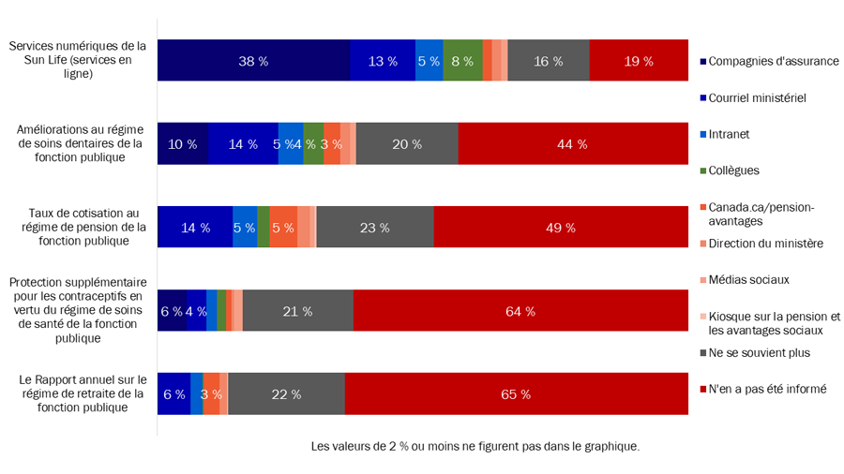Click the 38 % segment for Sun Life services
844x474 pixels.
[253, 61]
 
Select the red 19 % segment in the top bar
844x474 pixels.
[639, 61]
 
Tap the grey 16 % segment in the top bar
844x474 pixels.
[549, 61]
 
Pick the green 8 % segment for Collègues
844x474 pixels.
[463, 61]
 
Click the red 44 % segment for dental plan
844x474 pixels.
[573, 144]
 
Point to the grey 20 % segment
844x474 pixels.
[407, 144]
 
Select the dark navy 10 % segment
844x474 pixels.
[182, 144]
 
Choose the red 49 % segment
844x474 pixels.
[561, 227]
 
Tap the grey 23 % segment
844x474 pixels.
[374, 227]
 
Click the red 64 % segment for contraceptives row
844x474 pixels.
[520, 311]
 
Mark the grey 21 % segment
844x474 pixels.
[297, 311]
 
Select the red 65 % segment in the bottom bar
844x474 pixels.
[517, 394]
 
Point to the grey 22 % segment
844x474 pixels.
[286, 394]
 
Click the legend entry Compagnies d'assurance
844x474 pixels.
[773, 62]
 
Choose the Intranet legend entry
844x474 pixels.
[729, 134]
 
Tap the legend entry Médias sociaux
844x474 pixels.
[748, 279]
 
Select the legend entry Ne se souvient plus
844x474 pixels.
[759, 352]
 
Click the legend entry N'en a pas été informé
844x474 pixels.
[767, 389]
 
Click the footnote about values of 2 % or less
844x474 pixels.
[475, 447]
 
